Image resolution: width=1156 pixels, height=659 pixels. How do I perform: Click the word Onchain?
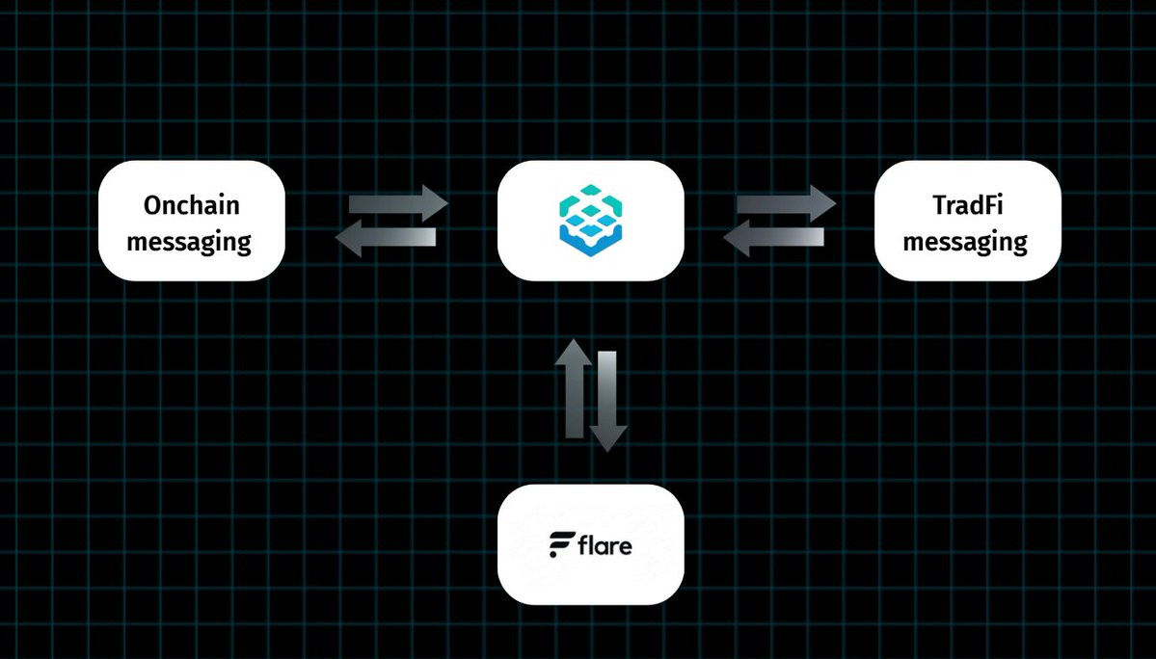pos(191,204)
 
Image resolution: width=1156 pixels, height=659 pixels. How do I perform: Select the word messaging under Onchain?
pos(189,241)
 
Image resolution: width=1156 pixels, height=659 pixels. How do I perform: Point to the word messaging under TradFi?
pos(965,241)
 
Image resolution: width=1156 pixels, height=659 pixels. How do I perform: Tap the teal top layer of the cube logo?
pos(590,200)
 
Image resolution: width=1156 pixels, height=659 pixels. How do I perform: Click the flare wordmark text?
pos(605,546)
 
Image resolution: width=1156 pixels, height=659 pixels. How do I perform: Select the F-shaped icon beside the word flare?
pos(561,545)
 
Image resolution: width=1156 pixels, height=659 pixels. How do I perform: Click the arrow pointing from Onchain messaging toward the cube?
pos(397,203)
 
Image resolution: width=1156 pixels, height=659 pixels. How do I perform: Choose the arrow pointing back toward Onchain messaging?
pos(386,237)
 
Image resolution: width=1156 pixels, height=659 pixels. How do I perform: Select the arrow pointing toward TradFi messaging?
pos(786,203)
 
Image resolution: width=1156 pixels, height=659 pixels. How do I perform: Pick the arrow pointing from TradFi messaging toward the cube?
pos(774,237)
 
